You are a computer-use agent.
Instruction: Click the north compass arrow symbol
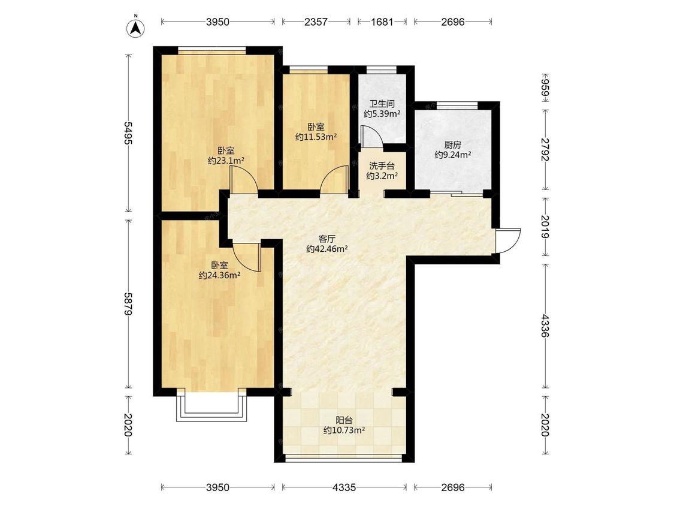[x=135, y=26]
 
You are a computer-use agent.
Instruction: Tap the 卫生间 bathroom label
[x=382, y=104]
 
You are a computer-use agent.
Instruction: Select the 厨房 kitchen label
[x=453, y=145]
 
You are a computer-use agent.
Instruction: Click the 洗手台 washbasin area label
[x=382, y=165]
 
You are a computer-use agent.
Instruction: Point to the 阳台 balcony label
[x=344, y=420]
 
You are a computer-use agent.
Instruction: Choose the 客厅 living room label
[x=327, y=239]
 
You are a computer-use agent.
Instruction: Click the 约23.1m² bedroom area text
[x=226, y=161]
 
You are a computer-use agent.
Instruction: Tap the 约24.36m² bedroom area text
[x=219, y=275]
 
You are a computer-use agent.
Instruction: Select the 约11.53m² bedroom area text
[x=316, y=137]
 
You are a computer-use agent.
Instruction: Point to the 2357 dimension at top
[x=316, y=22]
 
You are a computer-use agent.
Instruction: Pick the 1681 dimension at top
[x=382, y=22]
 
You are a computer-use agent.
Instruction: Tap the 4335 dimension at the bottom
[x=344, y=487]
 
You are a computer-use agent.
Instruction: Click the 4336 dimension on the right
[x=545, y=326]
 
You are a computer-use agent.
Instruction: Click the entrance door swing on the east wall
[x=507, y=241]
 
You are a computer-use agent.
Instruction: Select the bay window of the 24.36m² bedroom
[x=211, y=406]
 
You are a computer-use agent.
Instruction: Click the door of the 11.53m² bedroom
[x=334, y=179]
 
